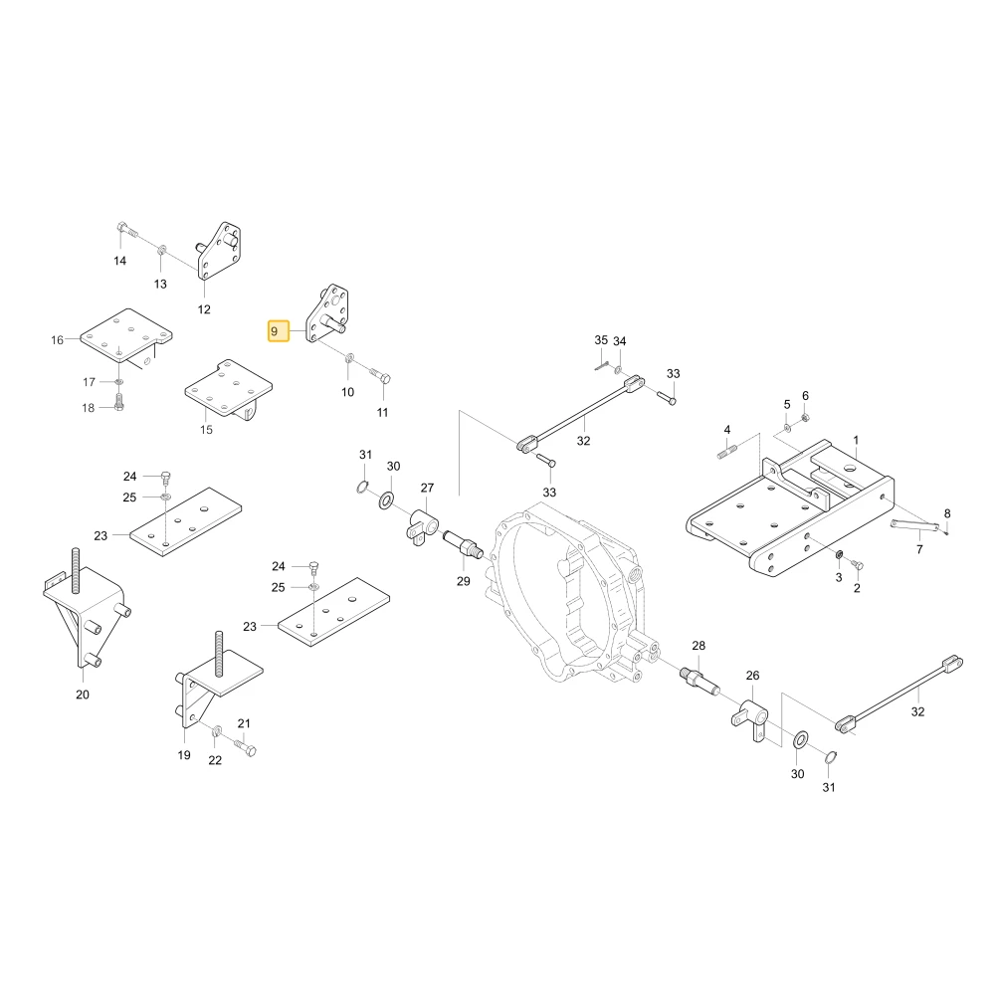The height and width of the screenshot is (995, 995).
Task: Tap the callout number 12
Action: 204,309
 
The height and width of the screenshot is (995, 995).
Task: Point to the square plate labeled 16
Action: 126,335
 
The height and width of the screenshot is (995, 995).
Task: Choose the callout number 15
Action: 206,430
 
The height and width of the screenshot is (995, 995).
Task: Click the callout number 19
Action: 184,755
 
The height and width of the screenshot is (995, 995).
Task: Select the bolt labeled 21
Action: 245,747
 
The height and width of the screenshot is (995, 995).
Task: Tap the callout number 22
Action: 215,760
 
